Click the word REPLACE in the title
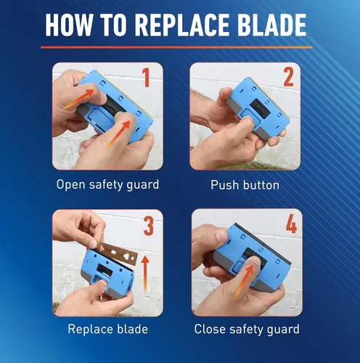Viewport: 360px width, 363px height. (x=181, y=25)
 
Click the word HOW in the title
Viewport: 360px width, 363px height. (x=68, y=25)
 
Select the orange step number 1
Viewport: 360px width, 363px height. (x=146, y=78)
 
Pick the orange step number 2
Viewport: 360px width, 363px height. (x=288, y=77)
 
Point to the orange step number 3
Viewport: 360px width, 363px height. (x=149, y=226)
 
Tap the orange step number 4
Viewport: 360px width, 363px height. (x=291, y=224)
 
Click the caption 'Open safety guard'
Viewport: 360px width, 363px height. (x=107, y=185)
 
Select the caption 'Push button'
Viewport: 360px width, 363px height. (x=245, y=185)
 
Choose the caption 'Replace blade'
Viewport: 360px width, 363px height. (x=107, y=329)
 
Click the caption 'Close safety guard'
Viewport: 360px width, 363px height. (x=247, y=330)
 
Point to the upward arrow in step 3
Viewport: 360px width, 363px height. (x=145, y=274)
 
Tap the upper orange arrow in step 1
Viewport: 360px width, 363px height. (x=79, y=99)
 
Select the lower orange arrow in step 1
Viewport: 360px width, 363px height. (x=119, y=134)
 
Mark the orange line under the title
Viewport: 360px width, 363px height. (x=176, y=47)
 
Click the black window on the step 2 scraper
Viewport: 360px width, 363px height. (x=261, y=109)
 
